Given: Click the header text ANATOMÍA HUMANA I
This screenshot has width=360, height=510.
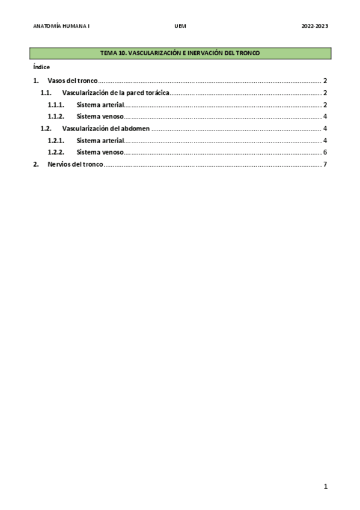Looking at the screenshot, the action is (61, 26).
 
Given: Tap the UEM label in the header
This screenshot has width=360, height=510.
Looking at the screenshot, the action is (180, 26).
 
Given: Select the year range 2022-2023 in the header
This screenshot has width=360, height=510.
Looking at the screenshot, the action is (314, 26).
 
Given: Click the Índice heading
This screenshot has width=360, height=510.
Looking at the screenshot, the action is (41, 67).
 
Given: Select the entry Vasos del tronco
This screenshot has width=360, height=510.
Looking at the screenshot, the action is (72, 81).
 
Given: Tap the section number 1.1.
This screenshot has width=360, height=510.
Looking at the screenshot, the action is (46, 93).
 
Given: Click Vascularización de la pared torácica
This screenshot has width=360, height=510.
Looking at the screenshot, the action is (115, 93).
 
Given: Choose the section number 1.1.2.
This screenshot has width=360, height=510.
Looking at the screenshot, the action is (56, 117).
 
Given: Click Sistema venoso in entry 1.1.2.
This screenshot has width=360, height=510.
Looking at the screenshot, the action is (99, 117).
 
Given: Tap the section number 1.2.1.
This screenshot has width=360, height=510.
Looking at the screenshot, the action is (56, 141).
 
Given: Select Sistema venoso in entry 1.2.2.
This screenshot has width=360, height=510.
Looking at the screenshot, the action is (99, 152).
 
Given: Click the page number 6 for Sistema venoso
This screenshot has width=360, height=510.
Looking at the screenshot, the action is (325, 152).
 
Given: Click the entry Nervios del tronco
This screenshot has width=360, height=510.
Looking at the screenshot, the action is (75, 164).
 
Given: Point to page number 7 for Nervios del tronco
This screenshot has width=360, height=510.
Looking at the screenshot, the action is (325, 164).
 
